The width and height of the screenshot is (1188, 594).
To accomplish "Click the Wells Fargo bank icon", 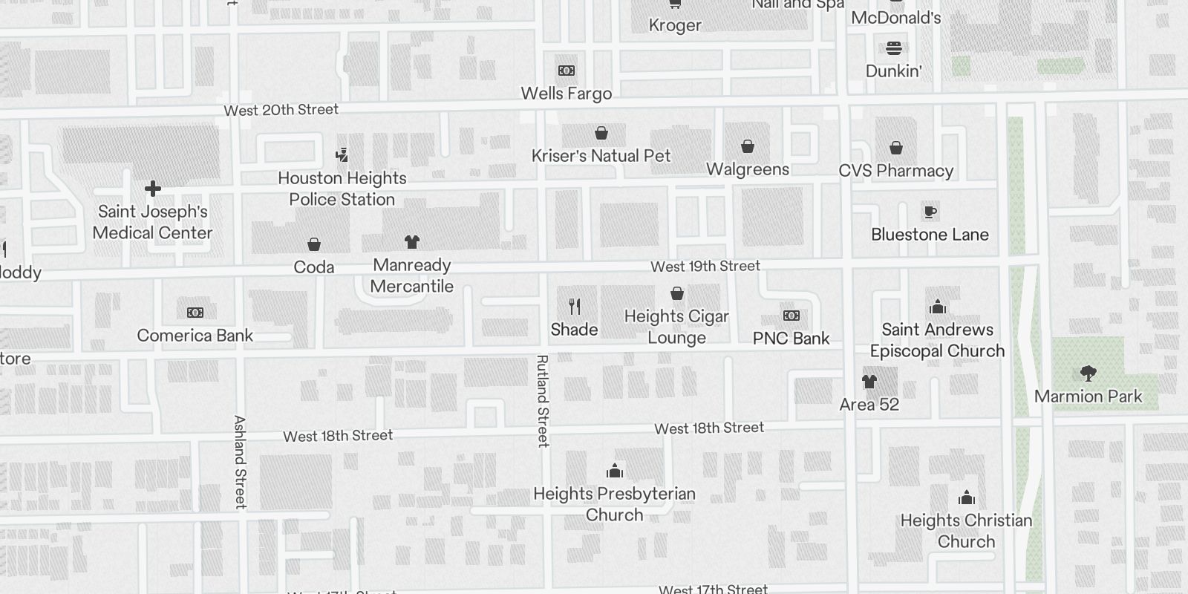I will pos(567,71).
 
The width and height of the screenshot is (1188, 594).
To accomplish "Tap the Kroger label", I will pos(675,25).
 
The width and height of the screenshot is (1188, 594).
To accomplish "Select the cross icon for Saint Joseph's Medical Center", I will pos(153,189).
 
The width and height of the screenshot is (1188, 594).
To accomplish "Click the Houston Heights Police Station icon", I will pos(342,155).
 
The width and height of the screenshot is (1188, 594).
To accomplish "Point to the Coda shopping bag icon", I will pos(314,244).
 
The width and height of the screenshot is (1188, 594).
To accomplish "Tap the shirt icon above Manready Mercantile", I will pos(412,242).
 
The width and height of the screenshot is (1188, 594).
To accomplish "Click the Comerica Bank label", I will pos(195,336).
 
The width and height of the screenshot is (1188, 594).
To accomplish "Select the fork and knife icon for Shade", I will pos(575,306).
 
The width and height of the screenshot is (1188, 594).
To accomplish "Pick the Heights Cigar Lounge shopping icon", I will pos(677,294).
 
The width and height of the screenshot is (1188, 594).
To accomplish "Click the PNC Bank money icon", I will pos(792,316).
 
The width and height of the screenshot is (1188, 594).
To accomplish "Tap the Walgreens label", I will pos(748,169).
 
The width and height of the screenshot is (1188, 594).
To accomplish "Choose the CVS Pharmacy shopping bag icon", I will pos(896,148).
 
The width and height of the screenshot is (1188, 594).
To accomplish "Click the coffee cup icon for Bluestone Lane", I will pos(930,212).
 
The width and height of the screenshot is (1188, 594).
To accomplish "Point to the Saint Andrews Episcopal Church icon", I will pos(938,307).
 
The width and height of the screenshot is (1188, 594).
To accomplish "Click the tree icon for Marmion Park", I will pos(1089,373).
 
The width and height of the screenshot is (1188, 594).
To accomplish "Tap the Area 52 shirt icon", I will pos(869,382).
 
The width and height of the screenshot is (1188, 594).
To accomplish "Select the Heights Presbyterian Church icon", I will pos(615,471).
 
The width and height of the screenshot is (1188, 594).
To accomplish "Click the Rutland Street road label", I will pos(543,401).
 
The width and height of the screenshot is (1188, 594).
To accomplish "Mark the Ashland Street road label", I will pos(240,462).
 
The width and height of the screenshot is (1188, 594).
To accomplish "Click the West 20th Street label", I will pos(281,111).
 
